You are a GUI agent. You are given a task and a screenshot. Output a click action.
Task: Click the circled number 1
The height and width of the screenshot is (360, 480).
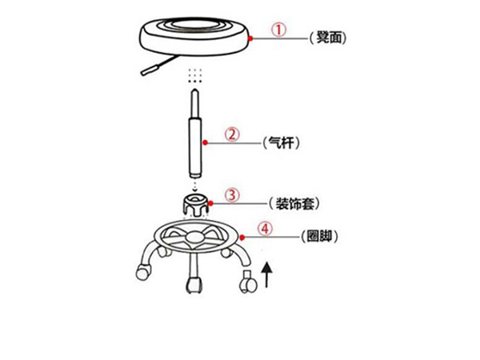[x=279, y=30]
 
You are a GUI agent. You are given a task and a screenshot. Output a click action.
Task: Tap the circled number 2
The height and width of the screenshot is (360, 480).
[x=232, y=134]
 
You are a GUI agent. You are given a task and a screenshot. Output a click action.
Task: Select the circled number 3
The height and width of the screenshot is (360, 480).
[x=232, y=194]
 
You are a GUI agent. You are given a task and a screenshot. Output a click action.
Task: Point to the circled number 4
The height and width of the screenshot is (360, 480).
[x=265, y=229]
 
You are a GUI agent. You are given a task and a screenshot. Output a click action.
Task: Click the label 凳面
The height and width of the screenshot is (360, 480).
[x=329, y=38]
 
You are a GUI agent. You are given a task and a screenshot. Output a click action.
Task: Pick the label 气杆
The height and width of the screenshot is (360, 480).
[x=282, y=142]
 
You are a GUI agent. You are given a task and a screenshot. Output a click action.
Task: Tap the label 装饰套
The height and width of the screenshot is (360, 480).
[x=295, y=203]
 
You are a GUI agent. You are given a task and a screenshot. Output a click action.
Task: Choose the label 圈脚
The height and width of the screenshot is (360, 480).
[x=319, y=236]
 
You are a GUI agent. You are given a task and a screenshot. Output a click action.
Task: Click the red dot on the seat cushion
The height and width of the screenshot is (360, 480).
[x=250, y=38]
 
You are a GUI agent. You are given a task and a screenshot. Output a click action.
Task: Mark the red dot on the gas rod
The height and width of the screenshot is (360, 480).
[x=206, y=142]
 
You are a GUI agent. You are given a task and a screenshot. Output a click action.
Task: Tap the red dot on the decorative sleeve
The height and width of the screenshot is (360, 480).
[x=210, y=203]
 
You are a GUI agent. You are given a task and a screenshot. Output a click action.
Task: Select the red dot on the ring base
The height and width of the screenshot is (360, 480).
[x=242, y=238]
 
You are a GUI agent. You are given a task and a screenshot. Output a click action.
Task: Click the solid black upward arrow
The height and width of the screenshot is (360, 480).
[x=267, y=274]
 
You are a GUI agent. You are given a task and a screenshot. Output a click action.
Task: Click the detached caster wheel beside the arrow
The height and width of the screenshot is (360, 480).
[x=248, y=282]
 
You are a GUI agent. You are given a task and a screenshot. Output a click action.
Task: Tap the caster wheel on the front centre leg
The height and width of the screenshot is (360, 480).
[x=194, y=285]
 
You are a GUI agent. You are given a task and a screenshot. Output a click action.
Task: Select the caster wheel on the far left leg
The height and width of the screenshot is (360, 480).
[x=143, y=272]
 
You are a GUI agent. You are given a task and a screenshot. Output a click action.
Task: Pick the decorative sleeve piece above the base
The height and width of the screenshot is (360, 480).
[x=197, y=205]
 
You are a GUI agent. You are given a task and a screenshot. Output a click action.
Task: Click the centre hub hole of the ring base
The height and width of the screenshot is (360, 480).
[x=195, y=236]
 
